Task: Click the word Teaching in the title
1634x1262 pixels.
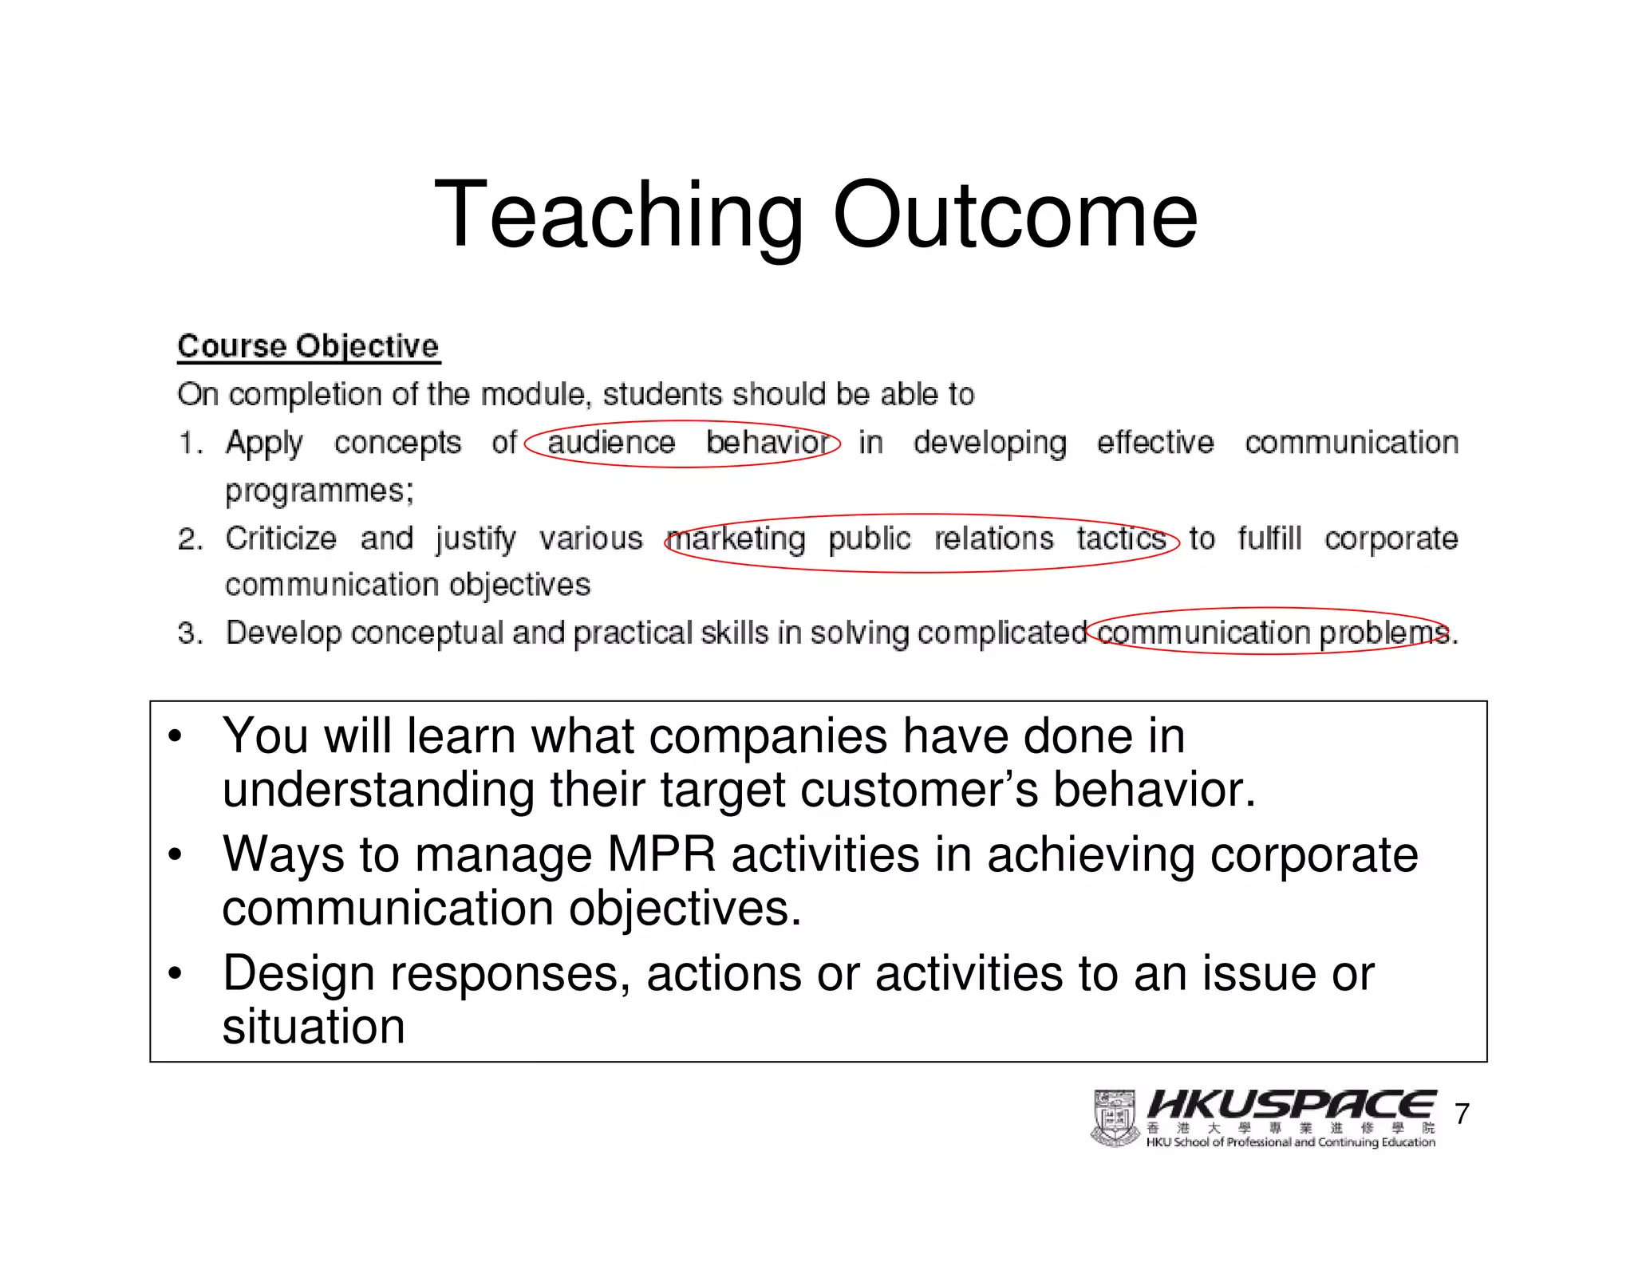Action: pos(618,215)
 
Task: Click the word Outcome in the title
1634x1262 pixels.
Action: pos(1015,215)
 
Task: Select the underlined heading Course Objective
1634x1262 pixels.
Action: pos(308,346)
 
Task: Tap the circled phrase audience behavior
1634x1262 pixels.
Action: pos(683,443)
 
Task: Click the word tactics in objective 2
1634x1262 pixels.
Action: pos(1121,538)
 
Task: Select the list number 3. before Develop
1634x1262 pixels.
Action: pos(189,633)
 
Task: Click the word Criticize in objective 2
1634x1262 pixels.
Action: pos(281,538)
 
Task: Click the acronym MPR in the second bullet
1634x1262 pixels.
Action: pos(661,854)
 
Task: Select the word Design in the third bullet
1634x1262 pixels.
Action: pos(298,974)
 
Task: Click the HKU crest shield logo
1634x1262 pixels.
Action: pos(1114,1118)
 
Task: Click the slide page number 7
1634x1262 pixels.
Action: pos(1462,1114)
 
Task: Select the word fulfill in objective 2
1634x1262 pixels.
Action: pos(1269,538)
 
